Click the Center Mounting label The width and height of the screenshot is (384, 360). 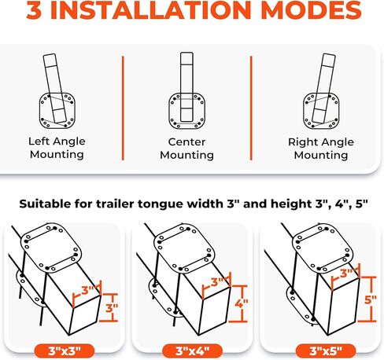pos(186,149)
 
